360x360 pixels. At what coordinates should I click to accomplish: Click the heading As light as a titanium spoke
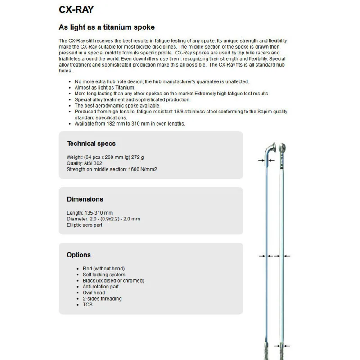tap(107, 27)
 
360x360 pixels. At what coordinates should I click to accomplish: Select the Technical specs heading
tap(91, 144)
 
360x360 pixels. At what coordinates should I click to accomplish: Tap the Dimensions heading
tap(85, 199)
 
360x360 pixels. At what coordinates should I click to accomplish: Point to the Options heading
tap(79, 255)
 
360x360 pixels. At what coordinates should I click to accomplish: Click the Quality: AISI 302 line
tap(85, 163)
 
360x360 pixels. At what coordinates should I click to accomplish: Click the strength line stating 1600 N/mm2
tap(112, 169)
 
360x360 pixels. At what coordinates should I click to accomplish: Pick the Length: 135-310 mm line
tap(90, 213)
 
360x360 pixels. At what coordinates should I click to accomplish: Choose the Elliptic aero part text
tap(85, 225)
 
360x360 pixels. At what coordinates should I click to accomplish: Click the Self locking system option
tap(104, 274)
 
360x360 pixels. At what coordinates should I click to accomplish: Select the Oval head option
tap(94, 292)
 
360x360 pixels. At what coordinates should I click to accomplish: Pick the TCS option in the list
tap(87, 305)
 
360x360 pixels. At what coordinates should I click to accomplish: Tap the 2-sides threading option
tap(102, 298)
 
